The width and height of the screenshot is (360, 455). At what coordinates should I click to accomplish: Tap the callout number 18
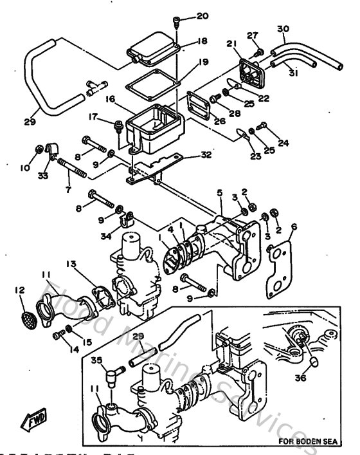click(x=203, y=41)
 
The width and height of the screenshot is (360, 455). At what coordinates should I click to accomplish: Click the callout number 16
click(x=110, y=99)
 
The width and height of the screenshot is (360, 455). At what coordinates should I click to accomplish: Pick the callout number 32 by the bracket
click(x=206, y=154)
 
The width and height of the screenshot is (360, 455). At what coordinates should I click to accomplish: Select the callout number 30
click(x=283, y=29)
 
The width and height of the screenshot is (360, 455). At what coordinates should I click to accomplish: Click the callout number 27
click(x=252, y=35)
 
